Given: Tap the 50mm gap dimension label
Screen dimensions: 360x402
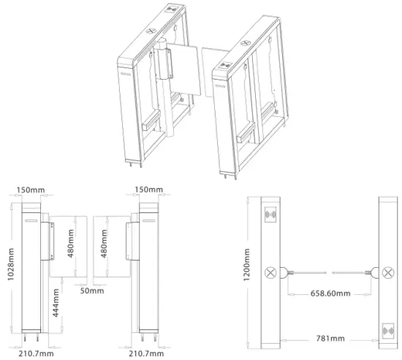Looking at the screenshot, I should [x=89, y=290].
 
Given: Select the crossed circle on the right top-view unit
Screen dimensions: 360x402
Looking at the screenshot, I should [x=385, y=273].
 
